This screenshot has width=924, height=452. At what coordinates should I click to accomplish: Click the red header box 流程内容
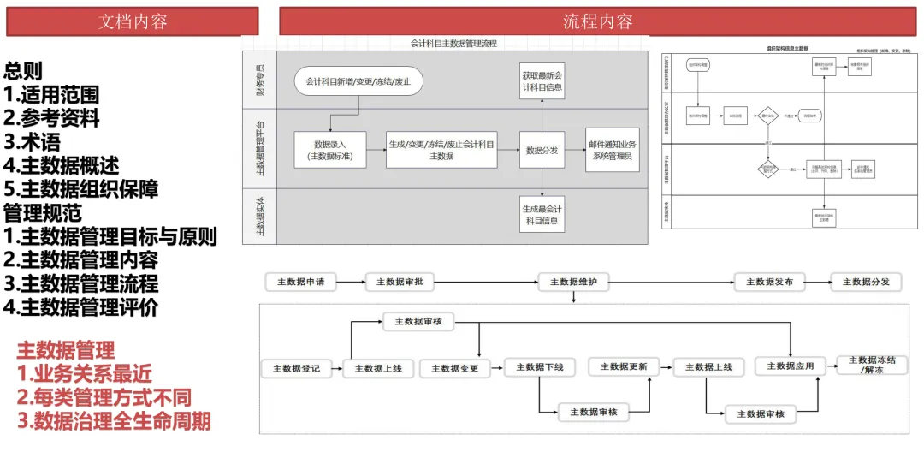coord(597,21)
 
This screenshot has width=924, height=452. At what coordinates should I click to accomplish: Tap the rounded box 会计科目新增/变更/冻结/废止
coord(359,81)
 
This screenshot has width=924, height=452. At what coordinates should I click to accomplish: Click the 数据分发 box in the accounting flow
coord(542,151)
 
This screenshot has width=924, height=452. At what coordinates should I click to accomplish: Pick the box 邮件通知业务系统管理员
coord(612,151)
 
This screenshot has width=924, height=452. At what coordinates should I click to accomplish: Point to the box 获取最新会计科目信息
coord(542,81)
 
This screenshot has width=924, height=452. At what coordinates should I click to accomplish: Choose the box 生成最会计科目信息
coord(542,215)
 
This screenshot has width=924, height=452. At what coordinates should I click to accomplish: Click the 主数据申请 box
coord(301,282)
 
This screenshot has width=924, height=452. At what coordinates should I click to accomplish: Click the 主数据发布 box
coord(769,282)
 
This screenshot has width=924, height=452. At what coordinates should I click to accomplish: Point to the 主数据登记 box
coord(296,368)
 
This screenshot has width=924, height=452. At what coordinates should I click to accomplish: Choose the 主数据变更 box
coord(454,368)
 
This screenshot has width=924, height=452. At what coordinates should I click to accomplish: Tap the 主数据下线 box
coord(540,367)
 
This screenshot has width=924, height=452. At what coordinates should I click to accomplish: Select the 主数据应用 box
coord(790,366)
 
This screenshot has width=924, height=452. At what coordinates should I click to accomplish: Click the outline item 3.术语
coord(33,142)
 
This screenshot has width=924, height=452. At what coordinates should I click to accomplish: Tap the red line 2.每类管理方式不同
coord(104,397)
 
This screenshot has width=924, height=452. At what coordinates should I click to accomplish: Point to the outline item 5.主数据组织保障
coord(81,188)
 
